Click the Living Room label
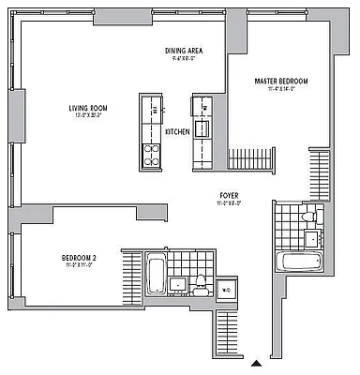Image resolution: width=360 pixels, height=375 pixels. point(87,108)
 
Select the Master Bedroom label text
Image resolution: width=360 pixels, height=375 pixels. point(280,82)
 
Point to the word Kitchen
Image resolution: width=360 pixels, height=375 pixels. point(177,132)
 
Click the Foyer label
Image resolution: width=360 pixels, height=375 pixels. point(228,194)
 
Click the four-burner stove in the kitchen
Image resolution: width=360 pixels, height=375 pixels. point(151,154)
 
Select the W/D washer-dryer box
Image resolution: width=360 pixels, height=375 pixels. point(226,290)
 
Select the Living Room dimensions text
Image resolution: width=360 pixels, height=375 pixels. point(87,116)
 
